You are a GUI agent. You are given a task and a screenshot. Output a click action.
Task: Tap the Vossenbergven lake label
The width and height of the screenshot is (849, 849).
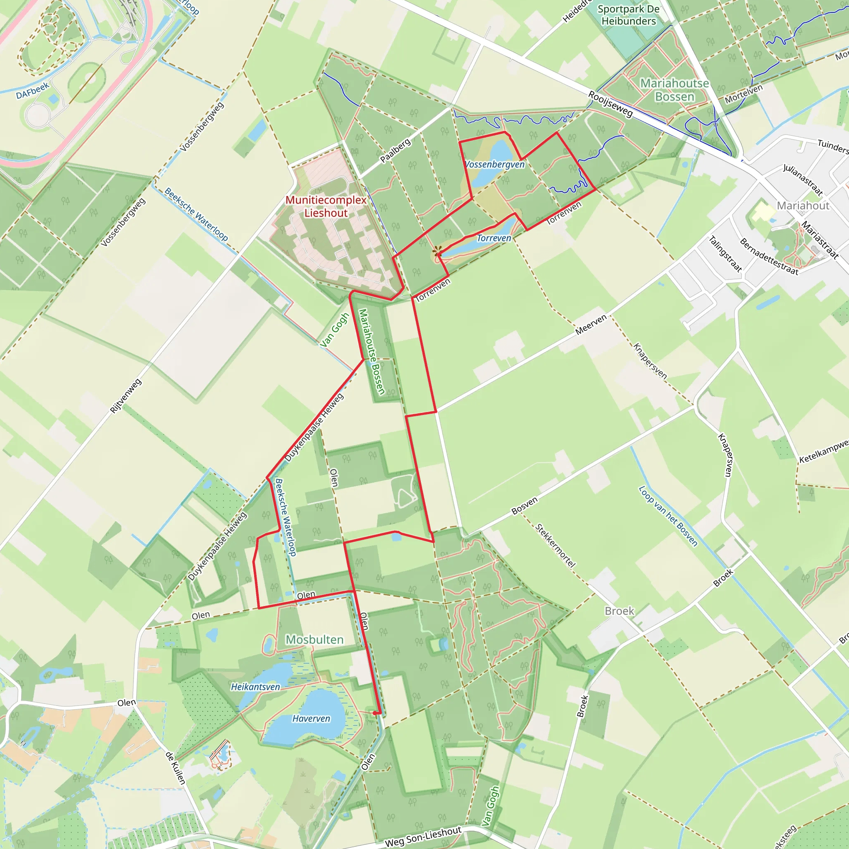point(495,164)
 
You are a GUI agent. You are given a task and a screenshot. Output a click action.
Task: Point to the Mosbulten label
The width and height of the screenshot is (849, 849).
point(314,639)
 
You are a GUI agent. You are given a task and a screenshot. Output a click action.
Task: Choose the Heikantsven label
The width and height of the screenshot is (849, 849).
point(255,687)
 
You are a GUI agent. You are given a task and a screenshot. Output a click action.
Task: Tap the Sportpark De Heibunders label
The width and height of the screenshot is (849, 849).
point(628,15)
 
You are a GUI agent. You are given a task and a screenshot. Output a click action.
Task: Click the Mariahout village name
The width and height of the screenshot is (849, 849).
point(803,206)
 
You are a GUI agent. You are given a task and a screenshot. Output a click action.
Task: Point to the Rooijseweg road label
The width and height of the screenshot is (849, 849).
point(610,104)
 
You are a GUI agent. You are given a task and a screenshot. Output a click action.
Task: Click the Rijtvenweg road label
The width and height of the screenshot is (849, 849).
point(126,396)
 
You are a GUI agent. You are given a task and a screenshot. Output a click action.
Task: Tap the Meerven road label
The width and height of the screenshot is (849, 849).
point(591,325)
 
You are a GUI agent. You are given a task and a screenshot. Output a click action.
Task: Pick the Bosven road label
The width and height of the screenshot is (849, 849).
point(524,506)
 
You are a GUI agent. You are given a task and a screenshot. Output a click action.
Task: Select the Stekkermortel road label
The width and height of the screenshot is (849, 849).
point(555,546)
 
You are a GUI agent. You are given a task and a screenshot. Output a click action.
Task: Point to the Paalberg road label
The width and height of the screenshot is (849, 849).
point(395,150)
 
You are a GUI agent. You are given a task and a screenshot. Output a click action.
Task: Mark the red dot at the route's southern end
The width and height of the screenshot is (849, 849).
point(374,713)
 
